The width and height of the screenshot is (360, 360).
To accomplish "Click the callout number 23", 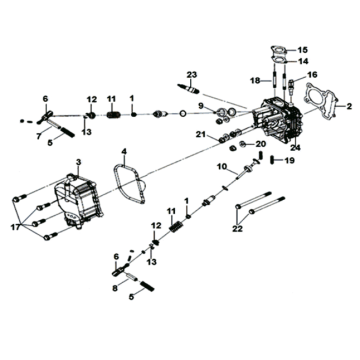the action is click(192, 74).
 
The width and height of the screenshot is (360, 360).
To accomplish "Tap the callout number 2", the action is click(349, 106).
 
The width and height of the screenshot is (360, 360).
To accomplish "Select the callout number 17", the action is click(15, 227).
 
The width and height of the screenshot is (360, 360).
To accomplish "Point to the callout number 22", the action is click(238, 229).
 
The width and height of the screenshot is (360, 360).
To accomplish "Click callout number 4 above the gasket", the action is click(124, 152).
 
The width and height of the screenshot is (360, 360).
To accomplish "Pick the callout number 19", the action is click(290, 160).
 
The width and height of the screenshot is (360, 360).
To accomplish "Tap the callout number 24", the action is click(295, 148).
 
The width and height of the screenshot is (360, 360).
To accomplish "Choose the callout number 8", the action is click(115, 289).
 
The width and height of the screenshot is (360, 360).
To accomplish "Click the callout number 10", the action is click(223, 166).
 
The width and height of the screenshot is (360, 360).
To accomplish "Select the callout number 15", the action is click(303, 50).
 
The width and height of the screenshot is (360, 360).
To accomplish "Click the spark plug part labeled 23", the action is click(189, 88).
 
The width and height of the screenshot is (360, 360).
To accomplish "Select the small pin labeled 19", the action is click(272, 160).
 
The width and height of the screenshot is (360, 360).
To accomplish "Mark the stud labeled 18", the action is click(274, 81).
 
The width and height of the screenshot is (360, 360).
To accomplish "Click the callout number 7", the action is click(38, 135).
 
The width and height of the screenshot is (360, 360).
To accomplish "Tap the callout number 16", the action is click(312, 74).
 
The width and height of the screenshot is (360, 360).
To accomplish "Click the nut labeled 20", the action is click(243, 144).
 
